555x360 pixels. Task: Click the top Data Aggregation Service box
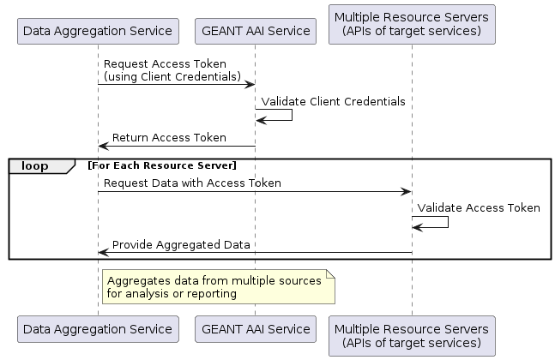click(98, 31)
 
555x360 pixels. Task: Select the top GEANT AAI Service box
click(256, 31)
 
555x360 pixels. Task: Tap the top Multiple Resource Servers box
click(412, 24)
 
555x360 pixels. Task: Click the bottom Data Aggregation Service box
click(98, 329)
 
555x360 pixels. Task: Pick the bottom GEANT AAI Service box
click(256, 329)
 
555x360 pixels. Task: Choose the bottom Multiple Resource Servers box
click(412, 336)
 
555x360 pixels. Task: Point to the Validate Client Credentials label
click(333, 101)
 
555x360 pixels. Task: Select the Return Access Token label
click(169, 137)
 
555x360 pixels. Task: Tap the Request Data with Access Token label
click(192, 183)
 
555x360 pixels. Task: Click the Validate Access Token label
click(479, 208)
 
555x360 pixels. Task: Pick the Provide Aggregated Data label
click(181, 245)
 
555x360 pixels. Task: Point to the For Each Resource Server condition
click(162, 165)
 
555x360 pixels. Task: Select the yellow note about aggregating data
click(219, 287)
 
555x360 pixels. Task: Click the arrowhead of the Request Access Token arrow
click(250, 85)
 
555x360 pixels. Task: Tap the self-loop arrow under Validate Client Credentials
click(292, 115)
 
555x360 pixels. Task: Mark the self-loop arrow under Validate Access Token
click(448, 222)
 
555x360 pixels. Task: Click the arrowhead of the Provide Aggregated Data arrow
click(103, 253)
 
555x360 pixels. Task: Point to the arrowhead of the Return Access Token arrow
click(103, 146)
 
